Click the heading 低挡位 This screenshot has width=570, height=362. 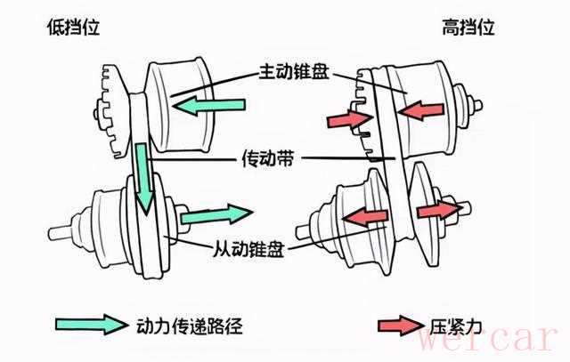(x=73, y=28)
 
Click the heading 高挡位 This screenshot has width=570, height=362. (x=468, y=28)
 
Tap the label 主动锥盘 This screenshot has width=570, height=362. (x=294, y=71)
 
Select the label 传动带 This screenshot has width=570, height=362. (x=268, y=158)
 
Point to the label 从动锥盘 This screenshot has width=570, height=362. (x=248, y=248)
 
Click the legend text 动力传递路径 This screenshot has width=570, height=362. (x=190, y=326)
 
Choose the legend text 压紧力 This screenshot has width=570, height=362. (x=455, y=326)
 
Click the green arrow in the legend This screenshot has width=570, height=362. (x=91, y=325)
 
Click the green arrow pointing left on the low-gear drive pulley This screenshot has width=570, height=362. (x=208, y=106)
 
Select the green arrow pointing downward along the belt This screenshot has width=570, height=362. (x=142, y=178)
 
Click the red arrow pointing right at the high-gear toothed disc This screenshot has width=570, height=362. (x=350, y=119)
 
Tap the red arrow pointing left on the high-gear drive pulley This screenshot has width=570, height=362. (x=421, y=110)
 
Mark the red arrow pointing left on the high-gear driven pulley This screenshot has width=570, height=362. (x=365, y=217)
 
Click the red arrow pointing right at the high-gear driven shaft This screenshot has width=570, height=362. (x=439, y=210)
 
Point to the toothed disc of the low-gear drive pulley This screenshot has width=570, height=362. (x=113, y=111)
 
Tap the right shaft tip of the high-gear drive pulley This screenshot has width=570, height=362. (x=478, y=106)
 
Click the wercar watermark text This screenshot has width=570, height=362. (x=488, y=338)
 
